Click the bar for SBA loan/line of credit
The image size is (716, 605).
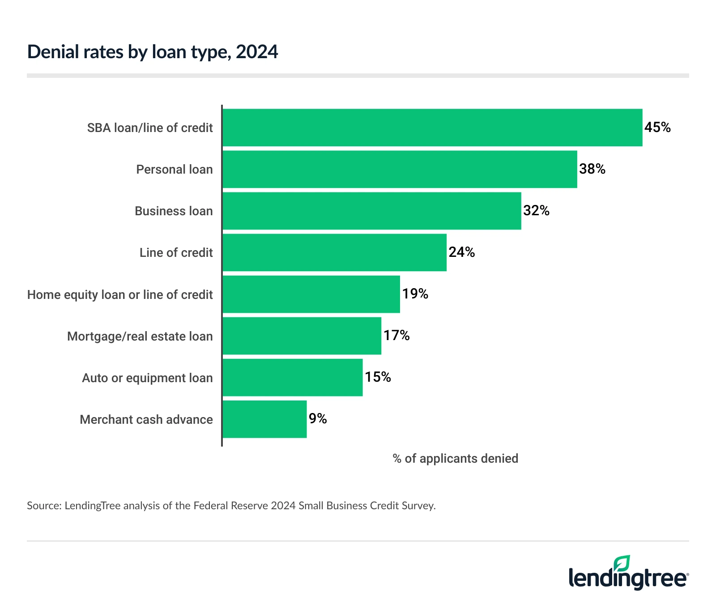pos(432,128)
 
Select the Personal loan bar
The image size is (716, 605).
pos(400,169)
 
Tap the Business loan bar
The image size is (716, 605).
pos(371,211)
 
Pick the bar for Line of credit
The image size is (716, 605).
pos(334,252)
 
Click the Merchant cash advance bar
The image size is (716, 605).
pos(264,419)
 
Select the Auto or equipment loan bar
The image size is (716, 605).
pos(292,377)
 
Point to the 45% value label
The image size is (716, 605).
pos(657,128)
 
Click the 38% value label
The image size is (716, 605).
pos(592,169)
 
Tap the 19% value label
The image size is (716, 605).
pos(415,294)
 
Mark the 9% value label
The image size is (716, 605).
pos(318,419)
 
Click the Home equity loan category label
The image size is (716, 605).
pos(120,295)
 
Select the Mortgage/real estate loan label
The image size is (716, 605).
pos(140,337)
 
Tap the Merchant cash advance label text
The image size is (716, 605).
pos(146,420)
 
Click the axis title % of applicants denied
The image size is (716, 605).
pos(455,459)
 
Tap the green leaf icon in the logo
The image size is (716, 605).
pos(622,563)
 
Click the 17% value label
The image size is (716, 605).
pos(396,336)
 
